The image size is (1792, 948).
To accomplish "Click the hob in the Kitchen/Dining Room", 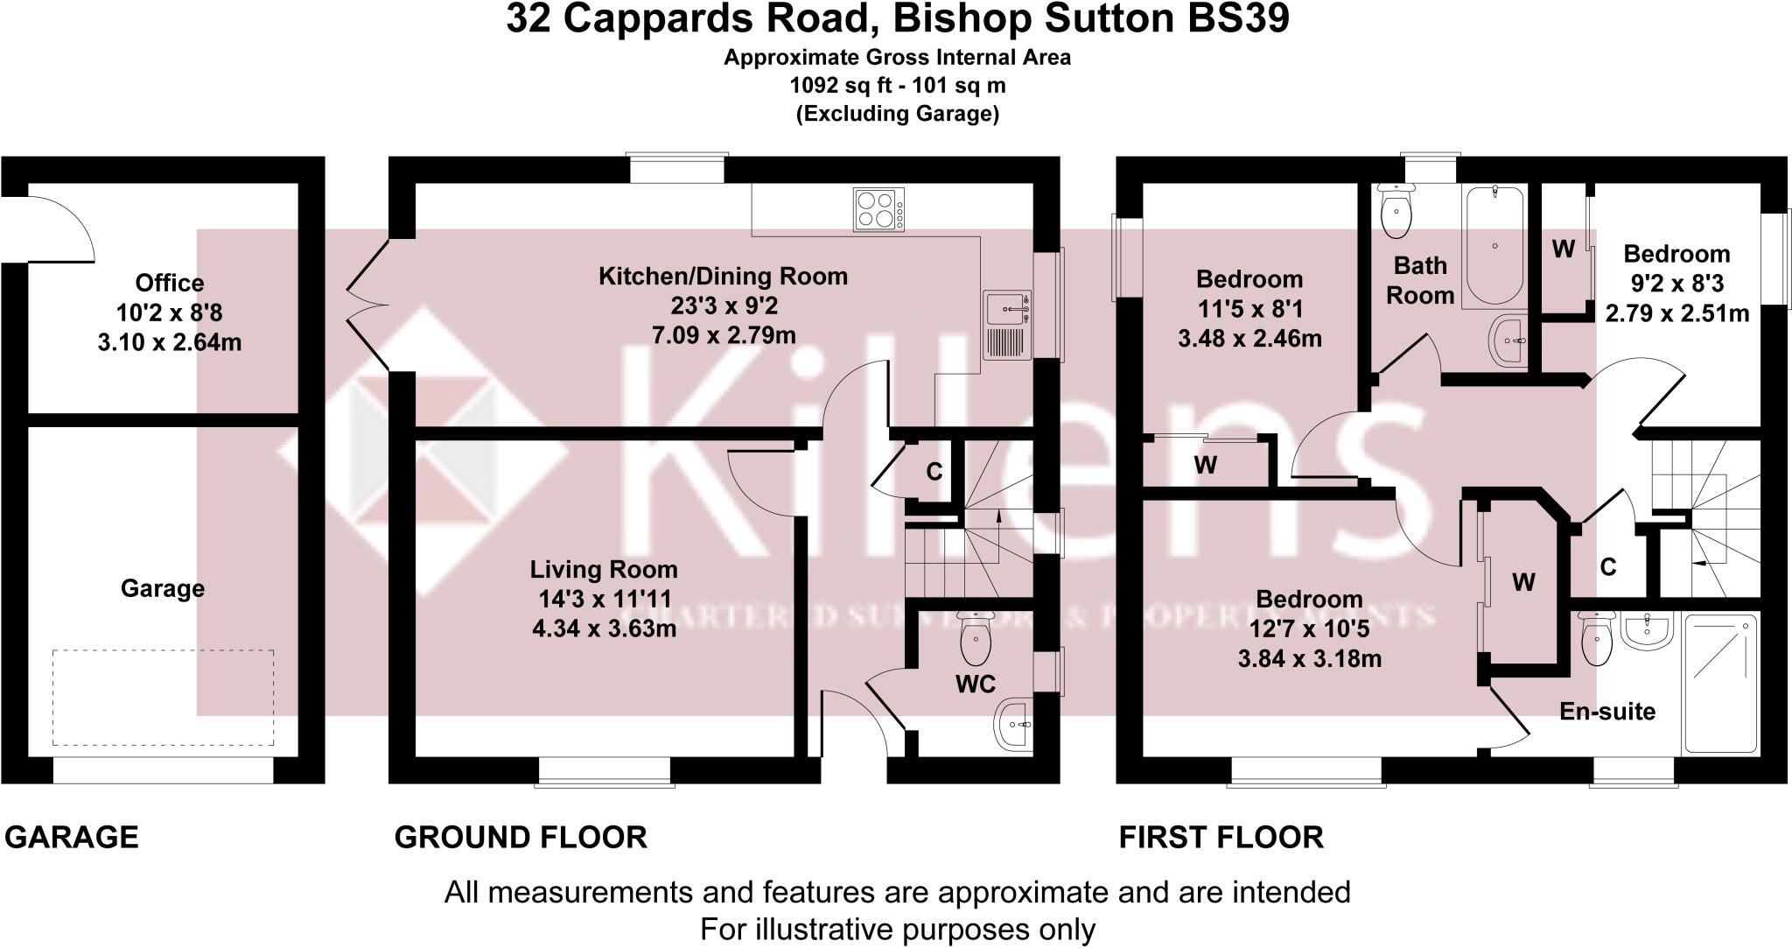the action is pos(879,210).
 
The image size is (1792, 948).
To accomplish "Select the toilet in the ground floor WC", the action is pos(972,640).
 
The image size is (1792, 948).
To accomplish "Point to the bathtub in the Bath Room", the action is pos(1495,244).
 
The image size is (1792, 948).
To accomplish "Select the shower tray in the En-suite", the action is pos(1720,683).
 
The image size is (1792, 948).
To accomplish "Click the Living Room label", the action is pos(604,570).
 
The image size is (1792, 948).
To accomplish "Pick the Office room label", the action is pos(170,283).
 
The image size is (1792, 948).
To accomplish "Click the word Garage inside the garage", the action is pos(163,588).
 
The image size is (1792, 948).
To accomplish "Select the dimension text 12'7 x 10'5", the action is pos(1309,628).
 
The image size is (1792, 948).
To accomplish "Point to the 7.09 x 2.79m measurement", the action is pos(724,335).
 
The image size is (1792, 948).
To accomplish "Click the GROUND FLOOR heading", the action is pos(521,838).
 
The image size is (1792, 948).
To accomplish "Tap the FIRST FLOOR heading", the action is pos(1221,838).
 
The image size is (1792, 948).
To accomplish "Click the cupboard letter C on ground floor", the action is pos(934,473).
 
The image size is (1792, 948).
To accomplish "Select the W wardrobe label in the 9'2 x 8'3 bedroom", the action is pos(1564,249).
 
